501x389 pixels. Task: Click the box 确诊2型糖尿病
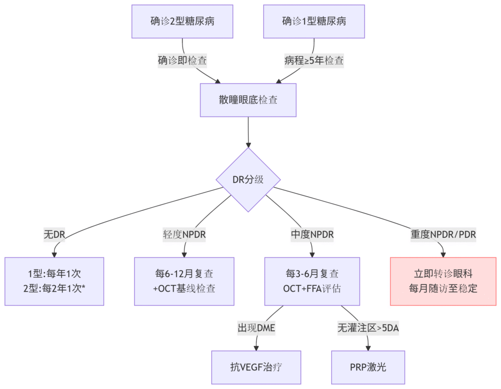(x=182, y=22)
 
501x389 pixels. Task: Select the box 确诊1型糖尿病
(x=314, y=22)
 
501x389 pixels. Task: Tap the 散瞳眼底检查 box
(x=248, y=100)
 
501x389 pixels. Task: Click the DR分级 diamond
(x=248, y=180)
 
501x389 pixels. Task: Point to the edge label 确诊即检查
(x=182, y=61)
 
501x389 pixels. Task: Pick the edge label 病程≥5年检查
(x=314, y=61)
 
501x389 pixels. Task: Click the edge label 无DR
(x=54, y=234)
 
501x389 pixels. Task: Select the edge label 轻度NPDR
(x=184, y=234)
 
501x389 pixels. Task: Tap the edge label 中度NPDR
(x=312, y=234)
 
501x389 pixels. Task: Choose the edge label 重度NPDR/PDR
(x=443, y=234)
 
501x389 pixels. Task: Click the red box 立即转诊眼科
(x=443, y=281)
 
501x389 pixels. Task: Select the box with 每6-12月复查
(x=184, y=281)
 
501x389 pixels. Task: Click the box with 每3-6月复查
(x=312, y=281)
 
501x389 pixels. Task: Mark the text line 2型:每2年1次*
(x=54, y=289)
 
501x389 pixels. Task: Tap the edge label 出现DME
(x=256, y=328)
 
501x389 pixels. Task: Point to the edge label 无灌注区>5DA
(x=368, y=328)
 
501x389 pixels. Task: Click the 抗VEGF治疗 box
(x=256, y=367)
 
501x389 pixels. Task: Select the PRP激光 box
(x=368, y=367)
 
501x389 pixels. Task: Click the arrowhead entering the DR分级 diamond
(x=248, y=145)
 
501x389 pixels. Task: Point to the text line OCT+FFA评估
(x=312, y=289)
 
